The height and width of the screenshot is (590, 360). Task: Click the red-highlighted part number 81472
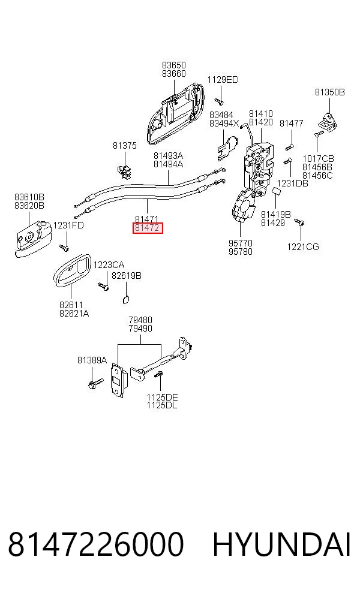click(147, 228)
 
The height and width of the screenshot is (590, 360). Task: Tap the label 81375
click(125, 145)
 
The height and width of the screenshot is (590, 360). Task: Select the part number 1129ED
click(223, 79)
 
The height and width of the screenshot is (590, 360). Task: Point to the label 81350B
click(330, 92)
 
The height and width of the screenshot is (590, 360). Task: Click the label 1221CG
click(303, 247)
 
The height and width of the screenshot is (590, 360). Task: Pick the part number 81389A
click(92, 360)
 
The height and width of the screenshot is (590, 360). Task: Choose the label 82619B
click(127, 276)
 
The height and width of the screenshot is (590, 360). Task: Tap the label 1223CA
click(109, 265)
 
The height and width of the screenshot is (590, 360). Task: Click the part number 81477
click(292, 123)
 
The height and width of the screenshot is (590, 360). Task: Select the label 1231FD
click(68, 225)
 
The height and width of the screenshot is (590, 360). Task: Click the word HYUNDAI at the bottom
click(281, 544)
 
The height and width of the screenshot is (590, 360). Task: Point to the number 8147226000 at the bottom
click(95, 544)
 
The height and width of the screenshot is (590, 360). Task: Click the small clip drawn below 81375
click(125, 170)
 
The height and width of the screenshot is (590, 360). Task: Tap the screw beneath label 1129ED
click(219, 101)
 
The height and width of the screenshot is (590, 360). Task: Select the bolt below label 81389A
click(95, 384)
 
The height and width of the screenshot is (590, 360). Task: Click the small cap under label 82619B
click(126, 299)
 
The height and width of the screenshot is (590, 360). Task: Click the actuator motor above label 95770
click(244, 206)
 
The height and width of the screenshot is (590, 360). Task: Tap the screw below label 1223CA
click(103, 287)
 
